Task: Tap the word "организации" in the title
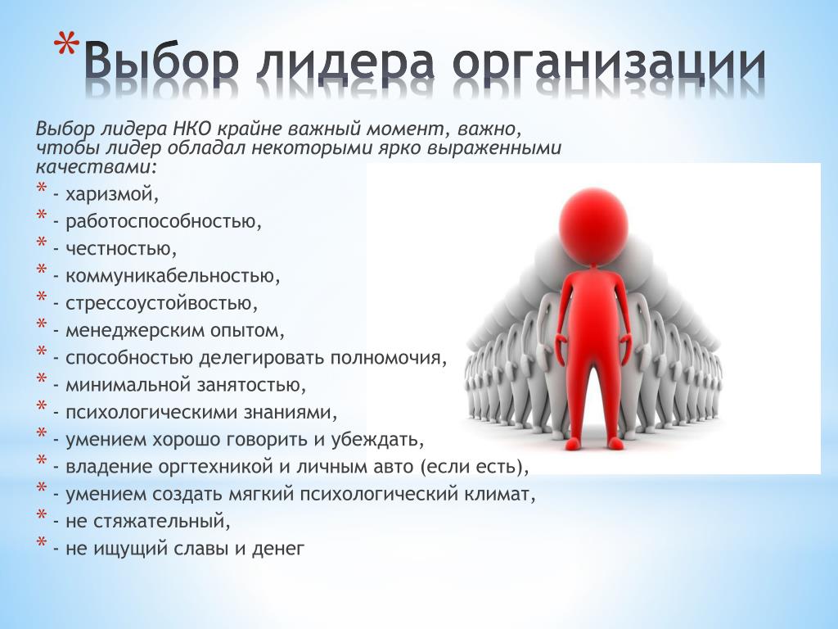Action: tap(609, 63)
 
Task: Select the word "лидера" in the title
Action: tap(345, 63)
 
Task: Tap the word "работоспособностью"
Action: tap(160, 221)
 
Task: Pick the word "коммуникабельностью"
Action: tap(170, 276)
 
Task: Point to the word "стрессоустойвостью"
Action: tap(159, 303)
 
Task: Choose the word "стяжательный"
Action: tap(159, 521)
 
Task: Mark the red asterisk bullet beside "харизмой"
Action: tap(42, 188)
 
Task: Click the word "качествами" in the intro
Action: tap(94, 167)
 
